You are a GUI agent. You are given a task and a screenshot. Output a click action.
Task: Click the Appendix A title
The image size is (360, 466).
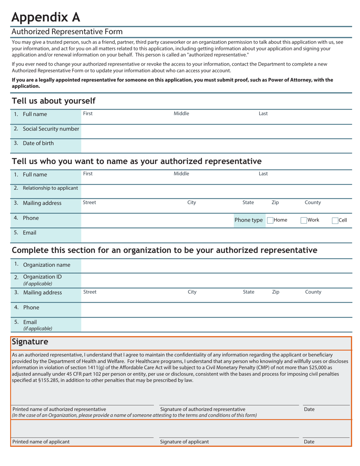pyautogui.click(x=46, y=17)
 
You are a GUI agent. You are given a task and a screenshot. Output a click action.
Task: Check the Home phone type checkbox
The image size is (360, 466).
pyautogui.click(x=270, y=220)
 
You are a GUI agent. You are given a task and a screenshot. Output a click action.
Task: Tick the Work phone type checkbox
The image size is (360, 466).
pyautogui.click(x=304, y=220)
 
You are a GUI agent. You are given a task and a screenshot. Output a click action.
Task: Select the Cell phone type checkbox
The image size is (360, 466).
pyautogui.click(x=335, y=220)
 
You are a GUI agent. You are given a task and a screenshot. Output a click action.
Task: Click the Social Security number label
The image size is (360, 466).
pyautogui.click(x=51, y=129)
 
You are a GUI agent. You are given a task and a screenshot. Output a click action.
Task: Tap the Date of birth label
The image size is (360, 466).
pyautogui.click(x=38, y=143)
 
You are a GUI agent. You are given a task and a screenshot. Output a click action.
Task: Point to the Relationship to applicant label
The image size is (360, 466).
pyautogui.click(x=50, y=188)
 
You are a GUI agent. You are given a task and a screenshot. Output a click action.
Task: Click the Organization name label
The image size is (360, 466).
pyautogui.click(x=47, y=265)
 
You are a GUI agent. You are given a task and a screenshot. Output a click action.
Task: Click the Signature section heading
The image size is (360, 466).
pyautogui.click(x=30, y=342)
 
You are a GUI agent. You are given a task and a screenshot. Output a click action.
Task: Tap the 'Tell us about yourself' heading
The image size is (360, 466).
pyautogui.click(x=54, y=101)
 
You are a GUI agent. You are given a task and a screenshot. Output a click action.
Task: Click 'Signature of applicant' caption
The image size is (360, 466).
pyautogui.click(x=184, y=442)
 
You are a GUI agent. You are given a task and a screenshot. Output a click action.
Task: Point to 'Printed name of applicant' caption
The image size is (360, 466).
pyautogui.click(x=41, y=442)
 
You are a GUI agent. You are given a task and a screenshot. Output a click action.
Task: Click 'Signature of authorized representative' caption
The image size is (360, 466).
pyautogui.click(x=203, y=409)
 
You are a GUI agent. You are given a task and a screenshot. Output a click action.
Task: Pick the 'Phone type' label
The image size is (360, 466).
pyautogui.click(x=249, y=220)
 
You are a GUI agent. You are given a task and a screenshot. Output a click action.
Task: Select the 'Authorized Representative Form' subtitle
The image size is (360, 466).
pyautogui.click(x=67, y=31)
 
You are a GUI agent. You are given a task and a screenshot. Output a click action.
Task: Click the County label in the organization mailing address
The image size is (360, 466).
pyautogui.click(x=313, y=292)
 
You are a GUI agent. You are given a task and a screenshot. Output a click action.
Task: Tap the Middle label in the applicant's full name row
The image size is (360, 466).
pyautogui.click(x=181, y=113)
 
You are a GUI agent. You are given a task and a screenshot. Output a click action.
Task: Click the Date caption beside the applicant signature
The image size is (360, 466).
pyautogui.click(x=309, y=442)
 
